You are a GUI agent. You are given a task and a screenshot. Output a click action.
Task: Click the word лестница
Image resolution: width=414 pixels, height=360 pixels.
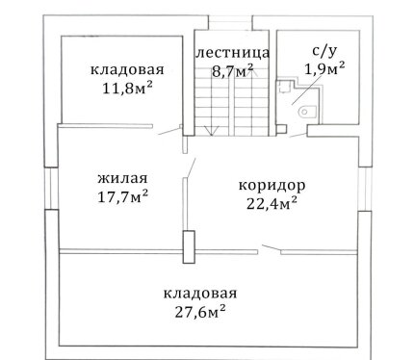click(x=232, y=53)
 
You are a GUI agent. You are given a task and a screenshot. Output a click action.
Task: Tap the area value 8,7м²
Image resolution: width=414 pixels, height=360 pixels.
click(x=232, y=70)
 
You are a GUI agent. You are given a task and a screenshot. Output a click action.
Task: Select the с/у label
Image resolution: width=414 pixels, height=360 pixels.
click(x=324, y=51)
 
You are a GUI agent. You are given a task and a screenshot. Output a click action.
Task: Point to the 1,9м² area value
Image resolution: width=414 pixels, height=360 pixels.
click(x=324, y=68)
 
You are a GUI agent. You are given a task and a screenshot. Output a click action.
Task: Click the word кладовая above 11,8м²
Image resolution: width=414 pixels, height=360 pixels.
click(x=127, y=69)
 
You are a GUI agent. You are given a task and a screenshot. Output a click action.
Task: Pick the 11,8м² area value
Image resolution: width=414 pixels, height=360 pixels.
click(x=127, y=88)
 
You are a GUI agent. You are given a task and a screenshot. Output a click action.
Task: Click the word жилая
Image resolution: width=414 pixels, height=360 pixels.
click(x=122, y=178)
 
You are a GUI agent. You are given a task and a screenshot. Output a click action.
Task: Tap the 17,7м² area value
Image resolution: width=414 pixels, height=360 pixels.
click(x=122, y=196)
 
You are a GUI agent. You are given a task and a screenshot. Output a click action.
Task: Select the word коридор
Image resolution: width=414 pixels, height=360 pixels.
click(x=272, y=186)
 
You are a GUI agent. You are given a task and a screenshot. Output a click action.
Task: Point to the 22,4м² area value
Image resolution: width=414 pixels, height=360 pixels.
click(x=272, y=203)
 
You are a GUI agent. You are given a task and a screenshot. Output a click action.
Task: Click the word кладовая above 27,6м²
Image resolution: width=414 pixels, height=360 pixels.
click(x=200, y=294)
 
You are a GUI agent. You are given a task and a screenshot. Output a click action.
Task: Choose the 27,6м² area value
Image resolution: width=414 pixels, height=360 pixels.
click(x=200, y=311)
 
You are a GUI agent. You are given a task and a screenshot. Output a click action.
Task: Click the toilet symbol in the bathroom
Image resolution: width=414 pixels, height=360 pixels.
click(x=307, y=113)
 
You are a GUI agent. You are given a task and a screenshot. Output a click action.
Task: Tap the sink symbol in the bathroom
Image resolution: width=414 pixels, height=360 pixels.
click(x=284, y=87)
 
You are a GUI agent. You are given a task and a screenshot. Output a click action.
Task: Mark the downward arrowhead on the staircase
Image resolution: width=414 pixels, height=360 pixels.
click(x=212, y=131)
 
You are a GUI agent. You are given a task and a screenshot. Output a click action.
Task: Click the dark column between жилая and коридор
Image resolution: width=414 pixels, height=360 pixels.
click(x=189, y=247)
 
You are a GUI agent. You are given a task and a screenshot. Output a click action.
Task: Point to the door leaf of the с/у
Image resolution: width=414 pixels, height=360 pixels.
click(x=298, y=135)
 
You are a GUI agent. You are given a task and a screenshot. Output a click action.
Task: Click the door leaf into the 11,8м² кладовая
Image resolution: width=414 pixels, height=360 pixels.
click(x=169, y=131)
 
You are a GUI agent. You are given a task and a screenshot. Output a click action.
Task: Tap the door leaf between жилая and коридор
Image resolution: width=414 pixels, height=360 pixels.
click(x=192, y=167)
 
